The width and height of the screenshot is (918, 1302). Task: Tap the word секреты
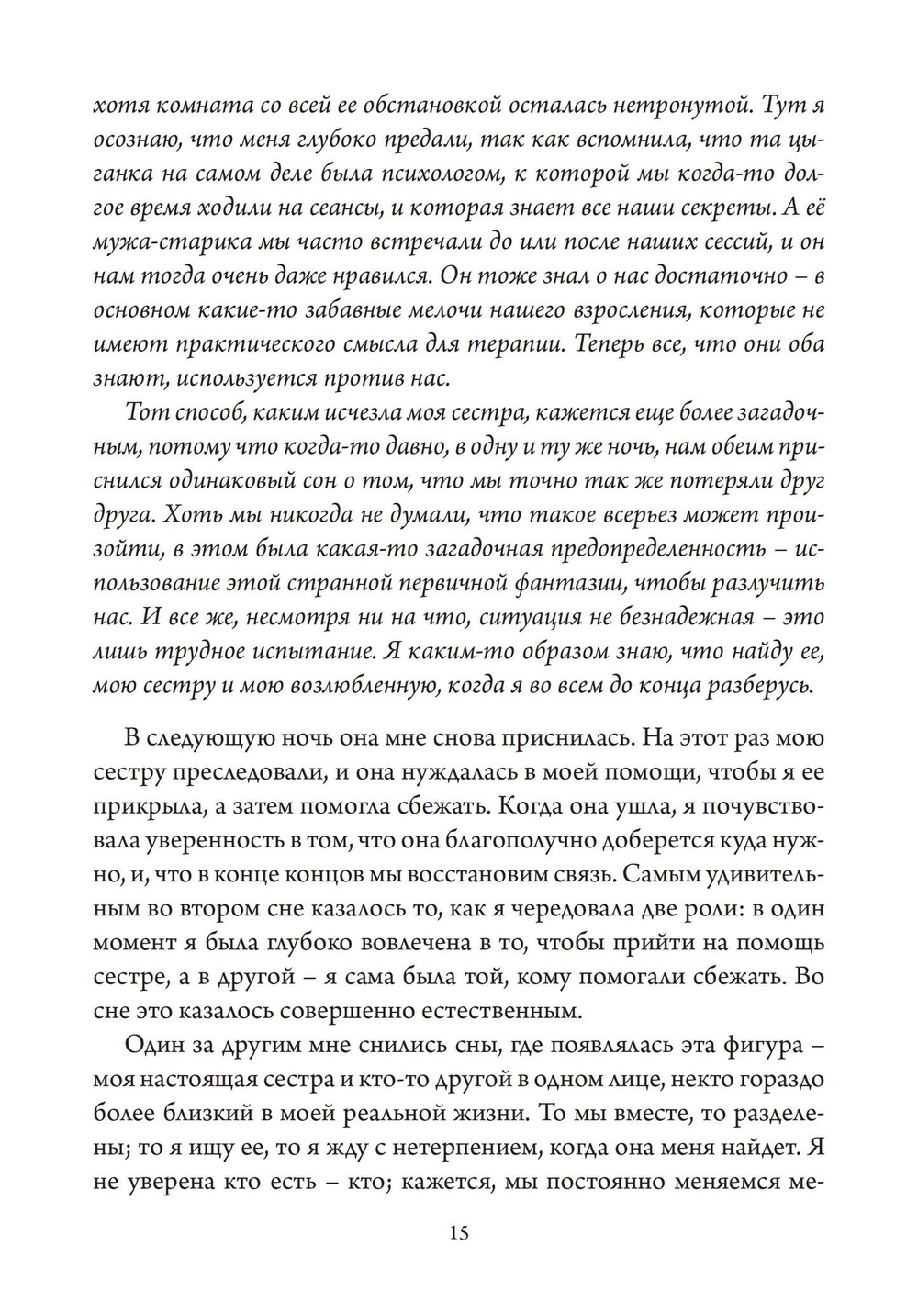pos(700,208)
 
